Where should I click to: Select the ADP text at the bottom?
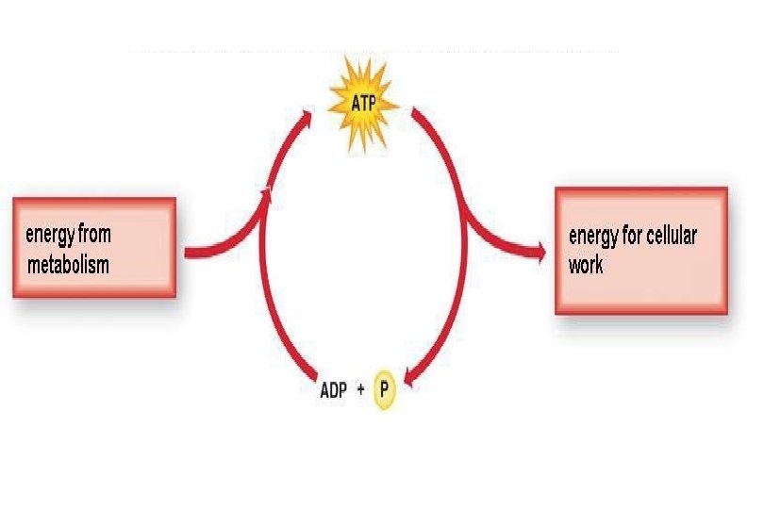[333, 391]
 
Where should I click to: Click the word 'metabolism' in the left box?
[68, 265]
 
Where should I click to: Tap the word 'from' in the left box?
[95, 234]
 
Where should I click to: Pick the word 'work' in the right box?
[586, 264]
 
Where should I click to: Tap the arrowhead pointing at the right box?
[540, 251]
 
